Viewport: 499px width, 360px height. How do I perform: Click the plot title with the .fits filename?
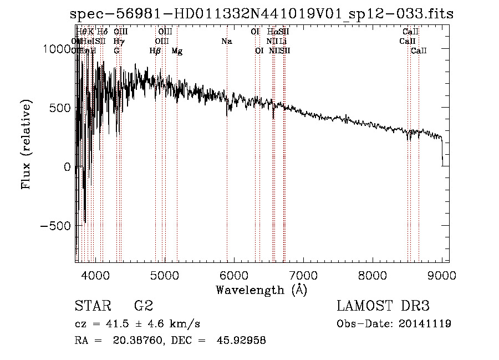pos(262,14)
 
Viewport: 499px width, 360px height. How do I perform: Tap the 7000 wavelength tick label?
pos(303,275)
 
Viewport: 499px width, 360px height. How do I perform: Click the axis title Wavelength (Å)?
pos(262,290)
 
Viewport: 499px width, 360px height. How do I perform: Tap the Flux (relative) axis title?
pos(27,142)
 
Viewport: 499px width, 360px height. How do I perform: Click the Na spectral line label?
pos(226,42)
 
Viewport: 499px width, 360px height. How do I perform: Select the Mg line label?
pos(177,51)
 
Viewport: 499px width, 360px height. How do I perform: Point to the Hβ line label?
pos(155,51)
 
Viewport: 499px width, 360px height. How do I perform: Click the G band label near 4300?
pos(116,51)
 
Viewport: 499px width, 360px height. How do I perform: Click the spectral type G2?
pos(143,306)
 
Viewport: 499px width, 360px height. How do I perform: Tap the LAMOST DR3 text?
pos(383,306)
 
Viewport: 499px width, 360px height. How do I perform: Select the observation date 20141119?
pos(426,324)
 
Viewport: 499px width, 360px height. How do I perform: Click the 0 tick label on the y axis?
pos(67,167)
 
